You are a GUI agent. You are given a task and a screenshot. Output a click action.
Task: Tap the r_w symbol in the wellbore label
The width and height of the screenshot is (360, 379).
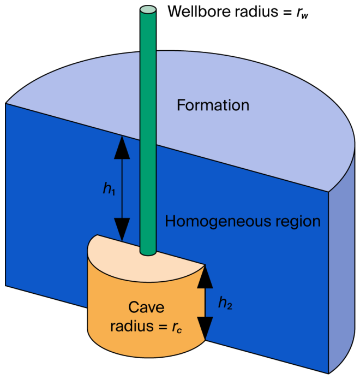pos(302,13)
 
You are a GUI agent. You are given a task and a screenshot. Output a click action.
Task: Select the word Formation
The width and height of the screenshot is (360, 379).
pos(213,105)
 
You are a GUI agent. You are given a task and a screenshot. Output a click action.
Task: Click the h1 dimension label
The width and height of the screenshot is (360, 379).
pos(109,188)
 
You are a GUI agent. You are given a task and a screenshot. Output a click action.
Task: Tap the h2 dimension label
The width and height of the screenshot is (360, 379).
pos(225,303)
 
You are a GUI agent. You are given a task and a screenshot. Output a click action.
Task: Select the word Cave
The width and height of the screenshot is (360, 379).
pos(146,307)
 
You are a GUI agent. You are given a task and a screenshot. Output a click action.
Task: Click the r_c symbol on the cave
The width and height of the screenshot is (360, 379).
pos(177,328)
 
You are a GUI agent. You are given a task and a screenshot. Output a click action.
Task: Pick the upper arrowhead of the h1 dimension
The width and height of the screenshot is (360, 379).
pos(122,148)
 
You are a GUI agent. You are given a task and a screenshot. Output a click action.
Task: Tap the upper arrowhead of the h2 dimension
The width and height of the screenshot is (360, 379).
pos(205,277)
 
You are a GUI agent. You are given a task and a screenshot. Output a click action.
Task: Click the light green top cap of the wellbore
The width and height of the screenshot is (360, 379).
pos(148,10)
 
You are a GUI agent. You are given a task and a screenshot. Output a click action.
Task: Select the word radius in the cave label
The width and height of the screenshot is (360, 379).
pos(132,326)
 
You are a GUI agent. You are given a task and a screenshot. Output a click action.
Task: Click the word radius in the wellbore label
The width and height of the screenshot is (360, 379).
pos(256,11)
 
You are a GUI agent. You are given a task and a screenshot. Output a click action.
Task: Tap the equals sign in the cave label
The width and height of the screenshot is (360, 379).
pos(163,327)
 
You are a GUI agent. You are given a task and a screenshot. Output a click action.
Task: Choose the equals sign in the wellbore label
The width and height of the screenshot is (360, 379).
pos(287,12)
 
